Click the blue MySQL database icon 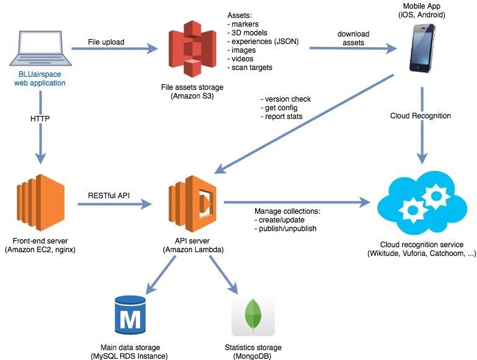[x=131, y=315]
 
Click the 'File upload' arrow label [x=106, y=42]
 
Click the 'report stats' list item [x=286, y=116]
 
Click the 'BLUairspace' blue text [x=40, y=74]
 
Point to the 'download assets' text [x=354, y=38]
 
